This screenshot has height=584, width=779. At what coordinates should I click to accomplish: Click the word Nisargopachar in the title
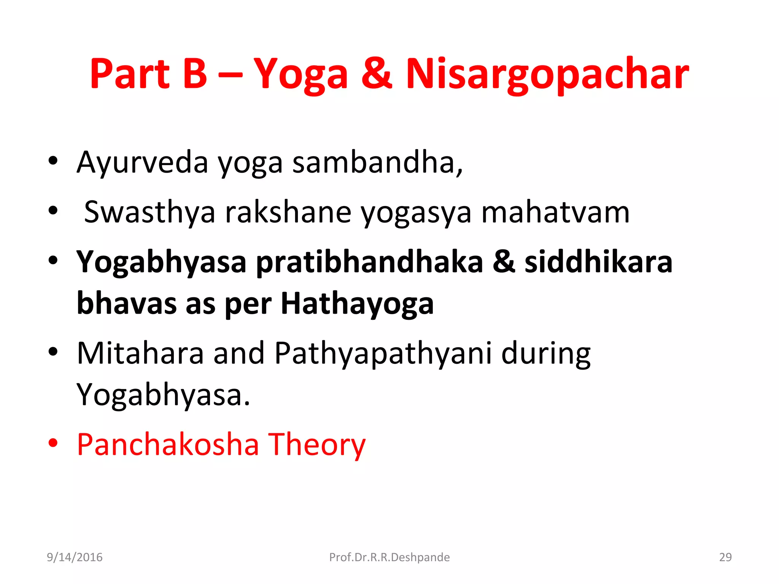[x=547, y=74]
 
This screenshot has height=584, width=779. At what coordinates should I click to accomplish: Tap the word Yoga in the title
[x=300, y=74]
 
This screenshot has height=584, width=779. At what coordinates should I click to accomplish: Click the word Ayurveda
[x=142, y=162]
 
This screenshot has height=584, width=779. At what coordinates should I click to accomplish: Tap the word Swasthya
[x=149, y=212]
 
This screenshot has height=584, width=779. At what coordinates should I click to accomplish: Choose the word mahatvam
[x=555, y=212]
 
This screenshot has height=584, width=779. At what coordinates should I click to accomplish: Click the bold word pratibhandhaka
[x=369, y=262]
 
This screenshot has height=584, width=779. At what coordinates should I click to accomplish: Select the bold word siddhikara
[x=598, y=262]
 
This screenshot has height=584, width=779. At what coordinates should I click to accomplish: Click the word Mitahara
[x=140, y=353]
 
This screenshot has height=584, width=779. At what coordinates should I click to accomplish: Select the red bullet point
[x=53, y=443]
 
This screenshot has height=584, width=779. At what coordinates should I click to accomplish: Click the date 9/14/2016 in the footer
[x=75, y=557]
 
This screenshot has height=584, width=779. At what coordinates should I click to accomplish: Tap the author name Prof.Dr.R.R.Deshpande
[x=389, y=557]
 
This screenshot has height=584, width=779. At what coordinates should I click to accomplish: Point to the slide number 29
[x=725, y=557]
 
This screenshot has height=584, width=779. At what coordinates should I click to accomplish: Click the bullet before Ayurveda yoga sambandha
[x=53, y=161]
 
